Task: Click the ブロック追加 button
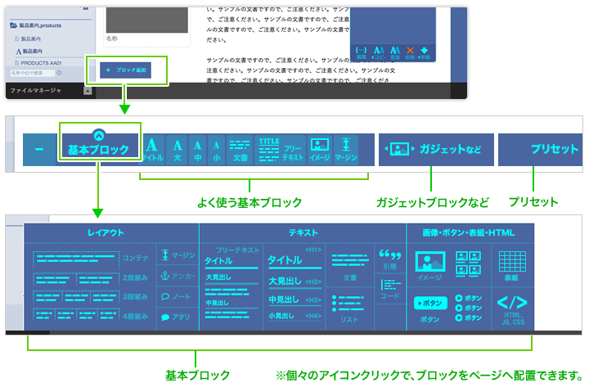point(126,70)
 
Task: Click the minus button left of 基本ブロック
point(39,150)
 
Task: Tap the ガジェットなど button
point(436,150)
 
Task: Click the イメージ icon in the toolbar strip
point(319,150)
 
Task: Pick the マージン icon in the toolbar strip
point(346,150)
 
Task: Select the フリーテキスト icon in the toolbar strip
point(293,150)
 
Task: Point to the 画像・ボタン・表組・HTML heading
point(469,233)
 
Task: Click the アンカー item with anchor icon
point(177,276)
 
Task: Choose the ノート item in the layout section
point(177,296)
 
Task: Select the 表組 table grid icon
point(512,265)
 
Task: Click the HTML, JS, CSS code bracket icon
point(512,306)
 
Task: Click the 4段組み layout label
point(135,316)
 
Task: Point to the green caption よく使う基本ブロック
point(250,201)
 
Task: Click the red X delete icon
point(411,51)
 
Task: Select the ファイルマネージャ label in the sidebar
point(36,91)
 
